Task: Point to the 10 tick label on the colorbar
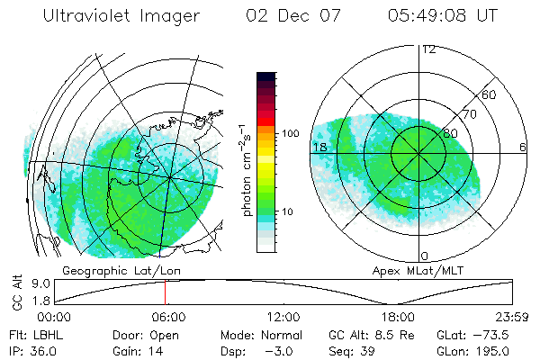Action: [287, 212]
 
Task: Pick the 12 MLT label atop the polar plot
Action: [428, 49]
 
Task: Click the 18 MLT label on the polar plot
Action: [319, 147]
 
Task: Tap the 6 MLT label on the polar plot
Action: [522, 147]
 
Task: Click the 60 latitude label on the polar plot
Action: [490, 94]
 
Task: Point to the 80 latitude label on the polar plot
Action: [451, 134]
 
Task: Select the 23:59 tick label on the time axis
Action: [511, 317]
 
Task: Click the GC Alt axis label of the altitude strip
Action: [17, 293]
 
